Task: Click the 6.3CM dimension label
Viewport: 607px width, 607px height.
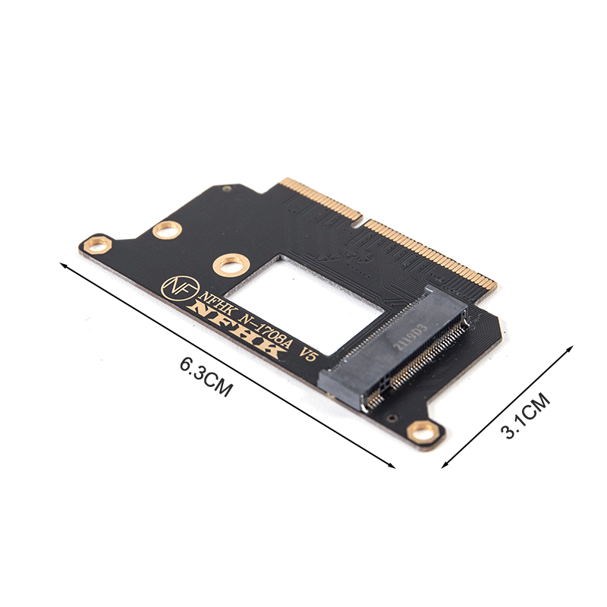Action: pos(206,376)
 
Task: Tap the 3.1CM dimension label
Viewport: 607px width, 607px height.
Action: pos(527,416)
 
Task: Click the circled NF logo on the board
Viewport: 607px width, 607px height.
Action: pos(180,288)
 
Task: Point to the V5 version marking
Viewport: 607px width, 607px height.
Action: pos(308,354)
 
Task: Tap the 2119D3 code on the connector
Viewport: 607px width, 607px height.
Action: pos(410,337)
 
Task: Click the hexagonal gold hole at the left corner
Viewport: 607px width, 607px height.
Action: pos(98,244)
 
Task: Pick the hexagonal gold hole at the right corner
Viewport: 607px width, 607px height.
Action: pos(425,432)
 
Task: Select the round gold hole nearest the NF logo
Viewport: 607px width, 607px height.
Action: pos(231,265)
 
